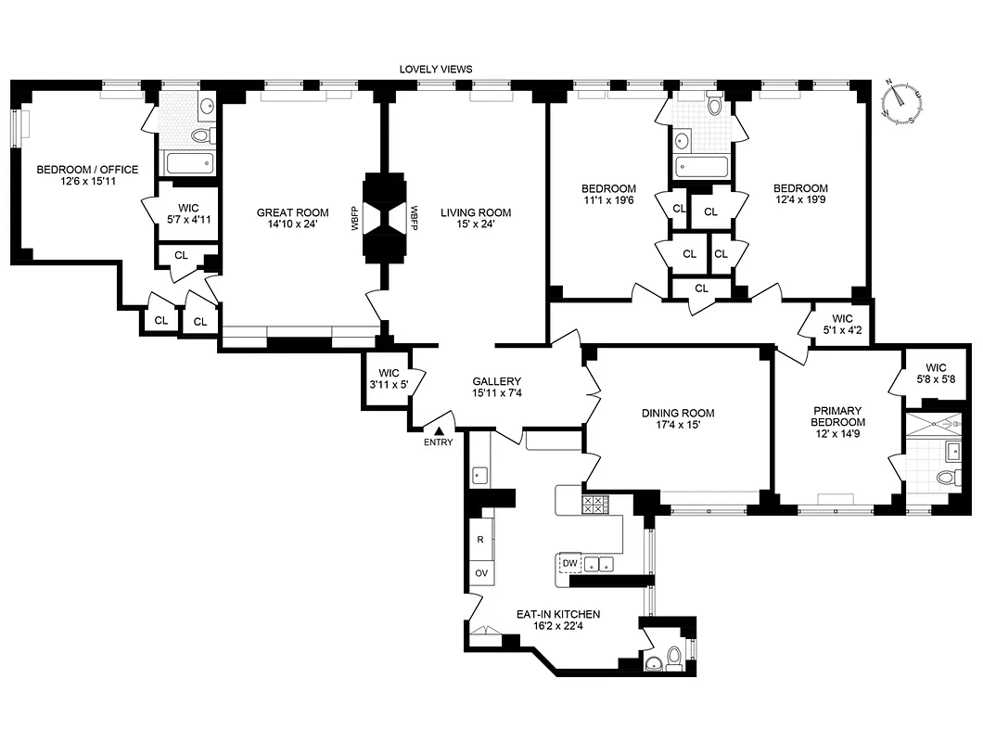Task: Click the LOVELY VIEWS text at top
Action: point(435,70)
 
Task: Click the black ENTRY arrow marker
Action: point(439,430)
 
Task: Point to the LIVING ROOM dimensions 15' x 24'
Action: point(475,225)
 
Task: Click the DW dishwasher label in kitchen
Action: point(569,563)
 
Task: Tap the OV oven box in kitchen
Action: point(481,574)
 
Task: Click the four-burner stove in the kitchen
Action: point(594,505)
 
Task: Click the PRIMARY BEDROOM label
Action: point(838,416)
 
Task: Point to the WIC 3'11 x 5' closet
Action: point(388,378)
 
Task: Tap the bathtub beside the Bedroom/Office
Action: point(189,164)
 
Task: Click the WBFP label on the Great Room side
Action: point(355,218)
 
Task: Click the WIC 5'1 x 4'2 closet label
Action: point(842,322)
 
